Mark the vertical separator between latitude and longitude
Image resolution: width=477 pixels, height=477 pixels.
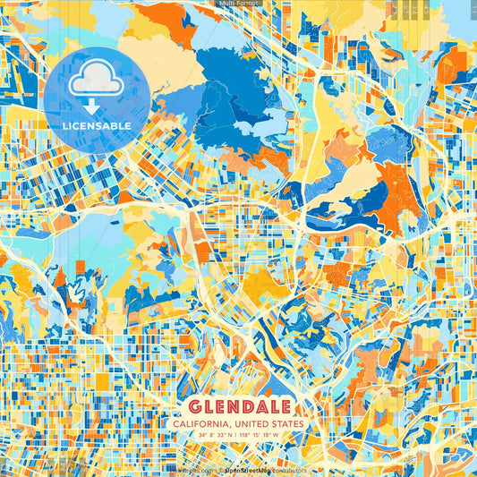(237, 436)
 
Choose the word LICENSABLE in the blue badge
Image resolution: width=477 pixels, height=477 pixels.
(96, 126)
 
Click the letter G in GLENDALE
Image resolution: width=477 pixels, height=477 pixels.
(196, 405)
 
